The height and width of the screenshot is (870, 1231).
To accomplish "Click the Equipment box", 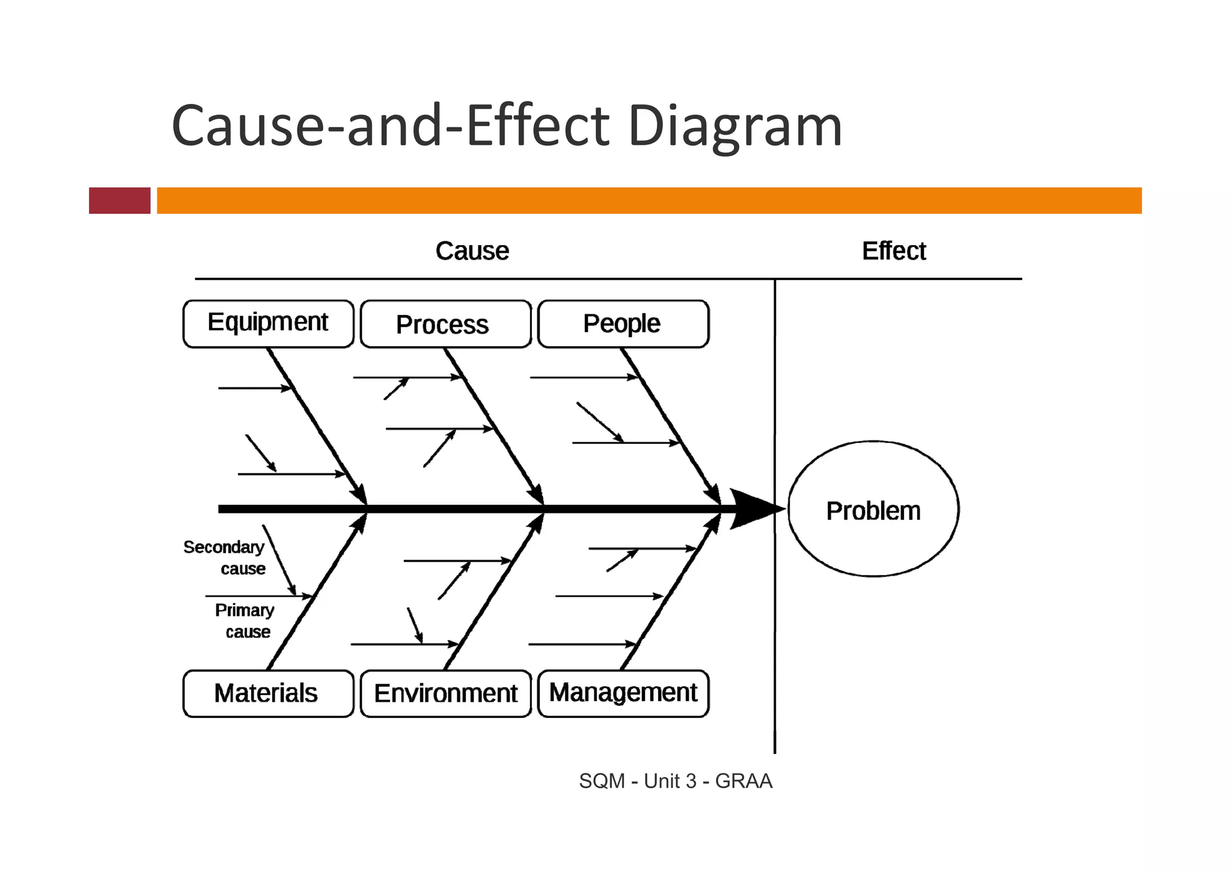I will click(x=268, y=323).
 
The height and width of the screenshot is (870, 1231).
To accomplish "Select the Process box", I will click(x=445, y=324).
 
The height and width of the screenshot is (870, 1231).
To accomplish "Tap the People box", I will click(x=623, y=324).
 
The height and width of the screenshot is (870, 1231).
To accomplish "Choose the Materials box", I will click(x=267, y=693).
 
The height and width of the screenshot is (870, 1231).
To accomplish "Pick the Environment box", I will click(x=445, y=693).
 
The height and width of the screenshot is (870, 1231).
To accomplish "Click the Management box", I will click(x=623, y=693).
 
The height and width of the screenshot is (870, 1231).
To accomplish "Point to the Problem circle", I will click(x=873, y=510).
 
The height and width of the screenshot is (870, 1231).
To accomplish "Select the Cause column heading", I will click(x=472, y=251).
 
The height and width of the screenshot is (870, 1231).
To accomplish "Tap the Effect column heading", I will click(x=894, y=251).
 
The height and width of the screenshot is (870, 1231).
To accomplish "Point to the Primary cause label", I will click(x=245, y=621).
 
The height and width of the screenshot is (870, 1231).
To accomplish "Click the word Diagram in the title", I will click(x=735, y=126).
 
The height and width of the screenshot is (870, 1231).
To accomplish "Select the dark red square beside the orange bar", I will click(x=120, y=200).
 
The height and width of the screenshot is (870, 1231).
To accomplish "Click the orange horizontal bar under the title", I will click(x=649, y=200).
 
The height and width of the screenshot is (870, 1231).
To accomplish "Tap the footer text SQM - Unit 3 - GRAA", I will click(x=675, y=781).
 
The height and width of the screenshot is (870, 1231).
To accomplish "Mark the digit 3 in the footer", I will click(x=691, y=781).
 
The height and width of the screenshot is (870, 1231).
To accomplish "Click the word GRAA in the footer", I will click(x=743, y=781).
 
